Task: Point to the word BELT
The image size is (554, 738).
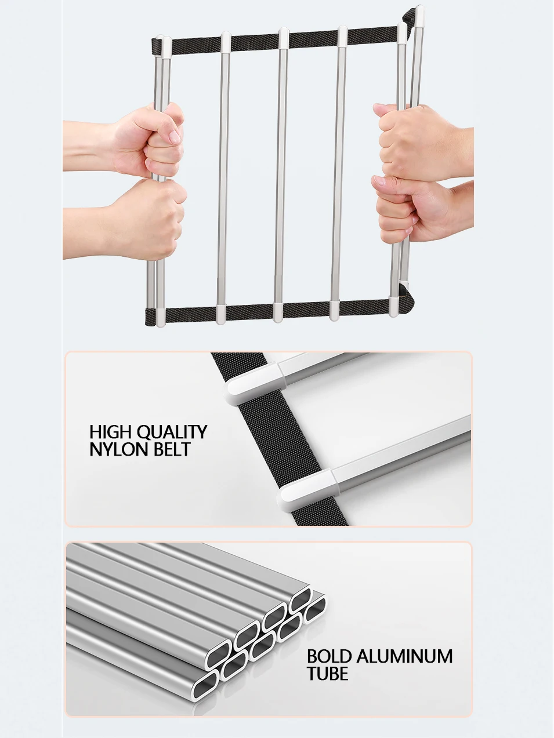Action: (x=172, y=449)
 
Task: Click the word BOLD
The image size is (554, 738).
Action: (x=329, y=656)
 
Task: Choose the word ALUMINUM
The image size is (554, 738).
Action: (x=404, y=656)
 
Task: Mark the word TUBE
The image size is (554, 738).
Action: (x=327, y=674)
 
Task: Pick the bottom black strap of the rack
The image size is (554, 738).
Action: (x=249, y=312)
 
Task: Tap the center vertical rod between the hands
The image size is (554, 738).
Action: (x=281, y=174)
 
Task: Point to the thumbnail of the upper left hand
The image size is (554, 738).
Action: (x=174, y=137)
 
